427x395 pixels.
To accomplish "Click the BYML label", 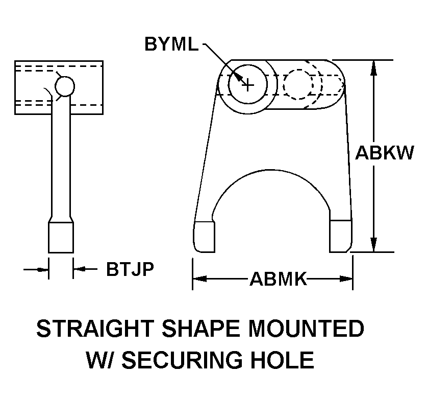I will [x=171, y=44].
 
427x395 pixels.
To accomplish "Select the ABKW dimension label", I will [x=384, y=153].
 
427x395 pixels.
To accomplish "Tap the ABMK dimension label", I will [x=278, y=279].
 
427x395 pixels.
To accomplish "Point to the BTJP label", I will [x=130, y=269].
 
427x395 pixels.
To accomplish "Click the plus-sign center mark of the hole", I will [x=247, y=84].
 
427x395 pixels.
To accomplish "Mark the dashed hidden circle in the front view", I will [x=298, y=84].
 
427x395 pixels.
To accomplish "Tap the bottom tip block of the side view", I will [x=61, y=237].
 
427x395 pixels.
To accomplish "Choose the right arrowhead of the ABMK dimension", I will [x=346, y=279].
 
